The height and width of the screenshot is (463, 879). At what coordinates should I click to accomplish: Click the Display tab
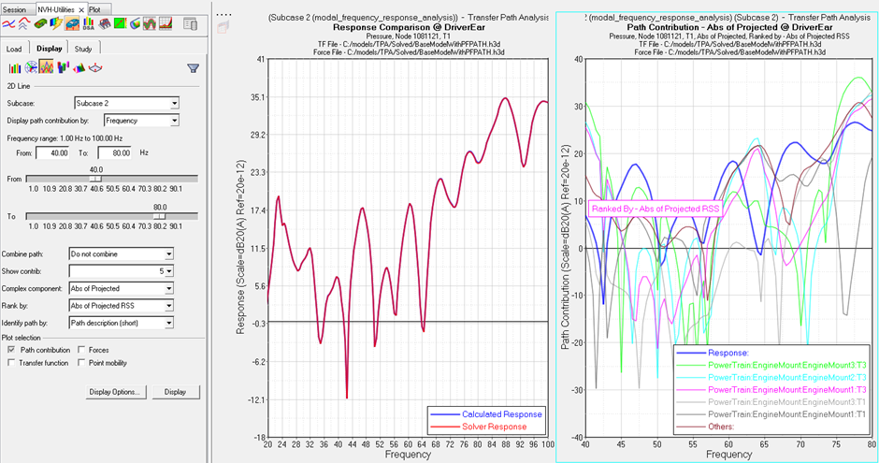point(50,49)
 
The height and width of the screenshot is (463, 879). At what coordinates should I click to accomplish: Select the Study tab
point(83,49)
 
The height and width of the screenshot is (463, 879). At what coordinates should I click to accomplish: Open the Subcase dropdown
point(123,103)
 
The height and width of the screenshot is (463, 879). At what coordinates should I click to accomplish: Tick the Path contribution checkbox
point(10,350)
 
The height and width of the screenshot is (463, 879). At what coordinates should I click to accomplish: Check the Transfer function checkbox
point(10,363)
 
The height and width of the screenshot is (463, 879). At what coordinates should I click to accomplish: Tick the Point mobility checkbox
point(82,363)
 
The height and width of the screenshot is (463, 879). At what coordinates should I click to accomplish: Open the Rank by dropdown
point(122,304)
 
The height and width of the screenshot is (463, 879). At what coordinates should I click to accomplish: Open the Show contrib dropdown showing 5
point(122,271)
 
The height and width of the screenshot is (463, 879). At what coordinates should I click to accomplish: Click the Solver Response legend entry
point(494,427)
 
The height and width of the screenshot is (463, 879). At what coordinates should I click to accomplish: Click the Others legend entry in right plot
point(723,426)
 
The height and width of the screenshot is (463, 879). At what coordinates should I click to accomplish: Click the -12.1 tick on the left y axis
point(252,399)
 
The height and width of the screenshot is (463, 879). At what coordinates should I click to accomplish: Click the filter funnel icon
point(193,67)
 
